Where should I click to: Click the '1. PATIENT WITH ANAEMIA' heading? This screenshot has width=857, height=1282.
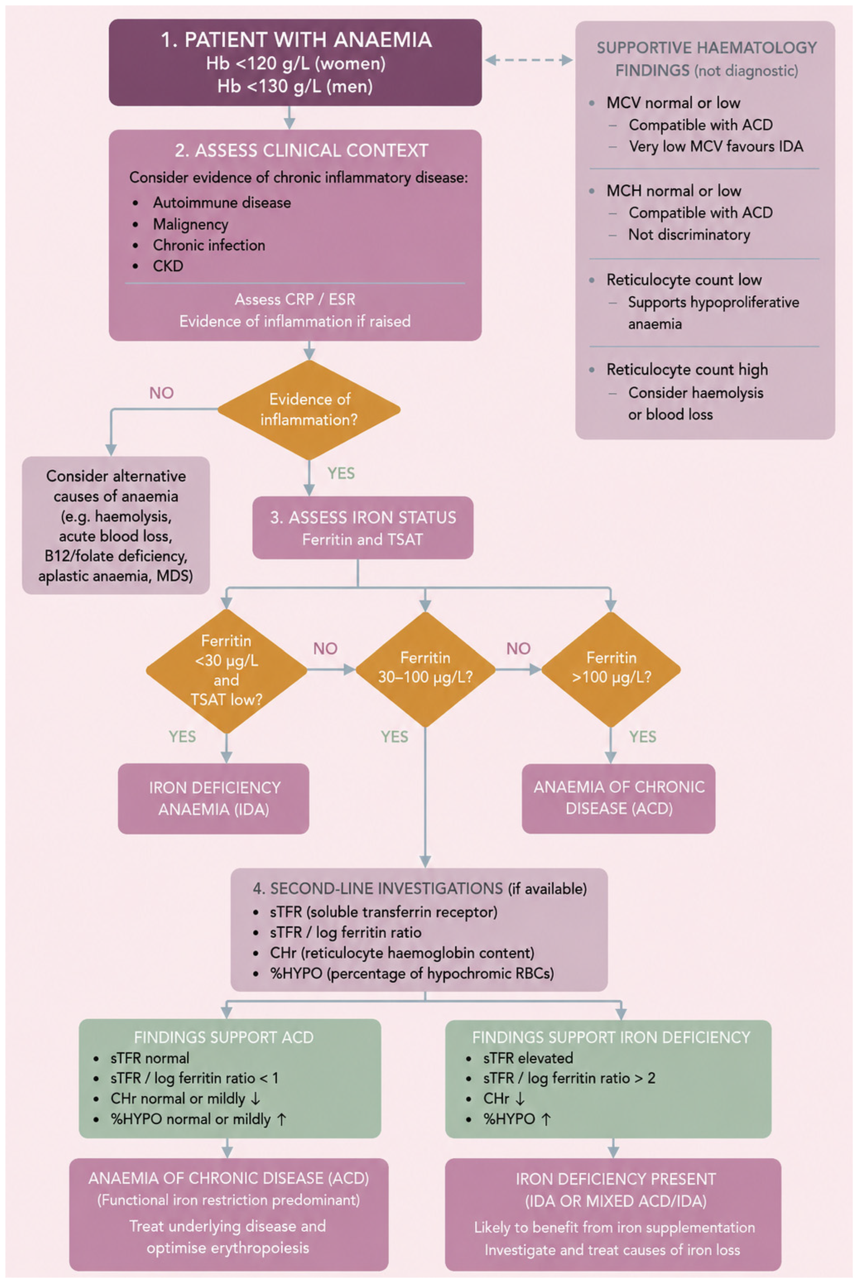pos(296,40)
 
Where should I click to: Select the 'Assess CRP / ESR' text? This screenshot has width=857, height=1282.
pos(295,299)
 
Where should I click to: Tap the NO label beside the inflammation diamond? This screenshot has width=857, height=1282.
pos(161,393)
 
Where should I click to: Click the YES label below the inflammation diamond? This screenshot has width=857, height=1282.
pos(341,473)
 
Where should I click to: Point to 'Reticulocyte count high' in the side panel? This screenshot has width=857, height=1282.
pos(687,370)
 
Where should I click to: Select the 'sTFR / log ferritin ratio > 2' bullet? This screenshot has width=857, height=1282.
pos(569,1078)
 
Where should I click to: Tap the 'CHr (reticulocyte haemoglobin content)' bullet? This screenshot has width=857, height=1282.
pos(402,953)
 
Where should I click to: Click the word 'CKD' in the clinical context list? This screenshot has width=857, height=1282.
pos(168,266)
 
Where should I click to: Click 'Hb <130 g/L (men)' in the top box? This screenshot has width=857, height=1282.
pos(295,86)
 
